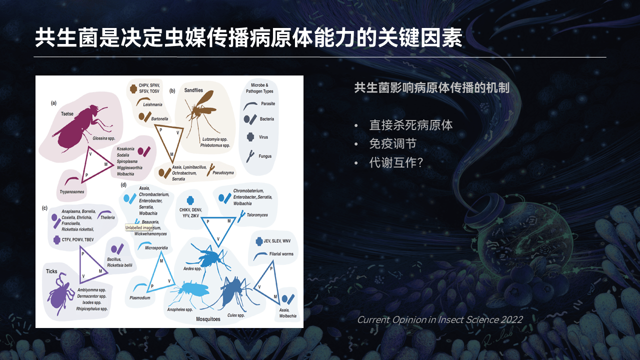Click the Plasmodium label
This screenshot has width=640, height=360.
pos(139,298)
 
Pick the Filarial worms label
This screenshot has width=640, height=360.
pos(281,254)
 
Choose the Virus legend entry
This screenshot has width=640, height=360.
pos(263,137)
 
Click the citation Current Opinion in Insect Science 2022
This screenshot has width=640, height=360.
pos(439,319)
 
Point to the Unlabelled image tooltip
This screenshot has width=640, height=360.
pos(139,227)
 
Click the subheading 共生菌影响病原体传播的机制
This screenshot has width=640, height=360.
pos(431,88)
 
